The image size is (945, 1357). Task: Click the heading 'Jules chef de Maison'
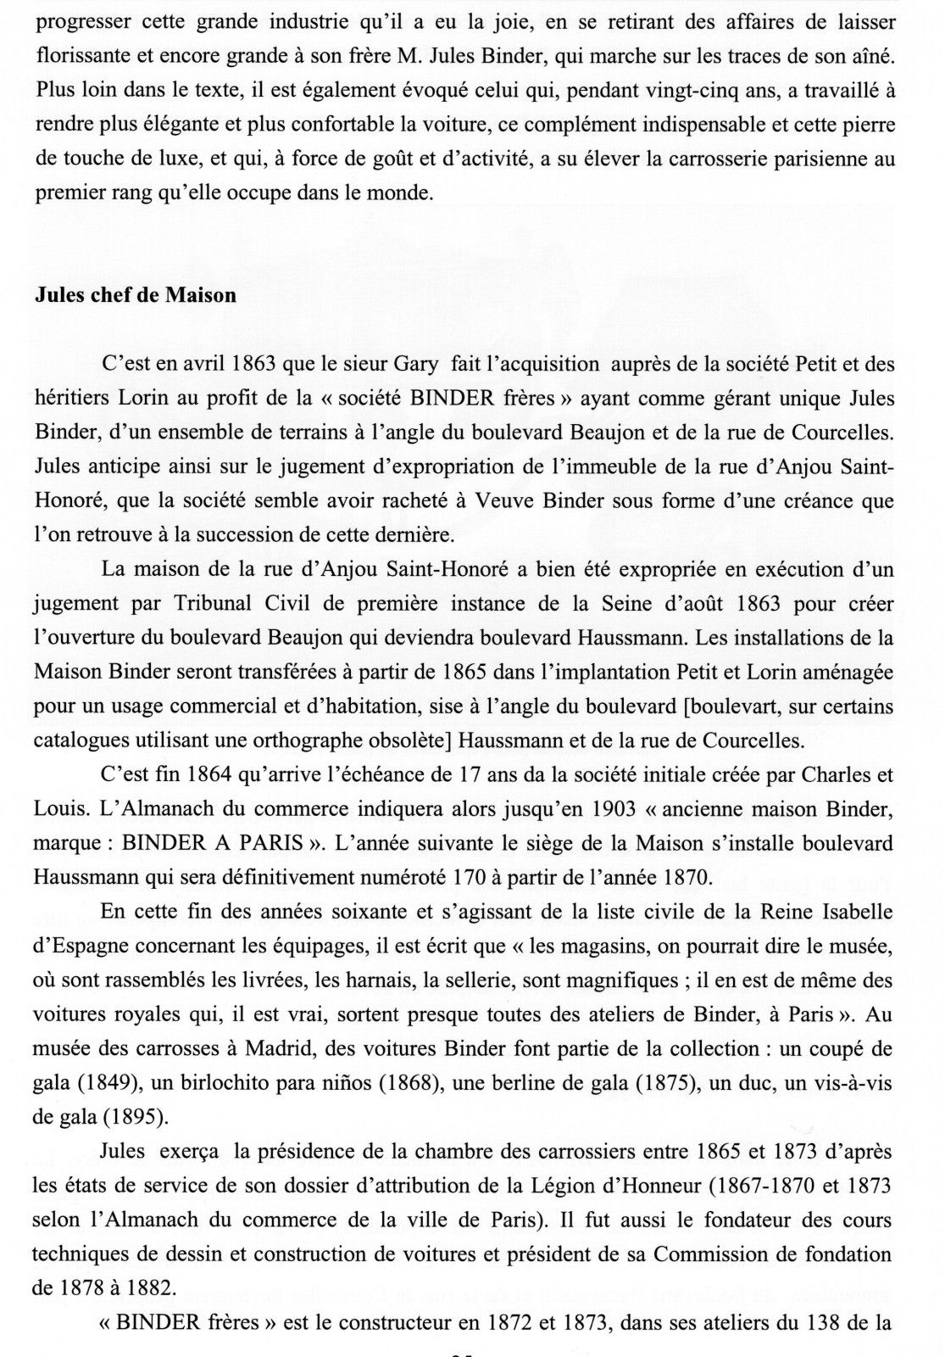[135, 297]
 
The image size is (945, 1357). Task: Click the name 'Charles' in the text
[817, 775]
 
